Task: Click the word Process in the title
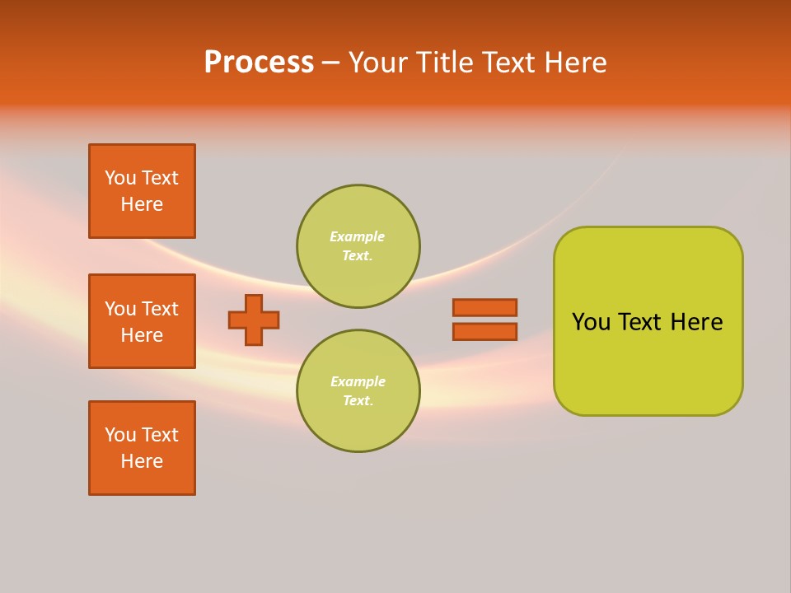[x=259, y=63]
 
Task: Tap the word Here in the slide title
[x=576, y=63]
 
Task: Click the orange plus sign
[x=254, y=320]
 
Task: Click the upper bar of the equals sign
[x=484, y=307]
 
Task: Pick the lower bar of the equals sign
[x=484, y=331]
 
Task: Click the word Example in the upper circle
[x=357, y=236]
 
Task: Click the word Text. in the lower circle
[x=358, y=400]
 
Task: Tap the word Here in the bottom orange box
[x=142, y=461]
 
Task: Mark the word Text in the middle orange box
[x=160, y=309]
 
